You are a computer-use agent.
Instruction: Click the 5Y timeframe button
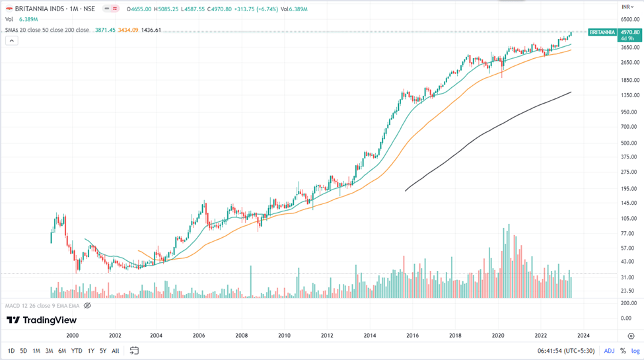pyautogui.click(x=103, y=351)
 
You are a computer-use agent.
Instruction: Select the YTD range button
pyautogui.click(x=77, y=351)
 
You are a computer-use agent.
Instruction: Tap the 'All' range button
pyautogui.click(x=116, y=351)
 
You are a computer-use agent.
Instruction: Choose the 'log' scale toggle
pyautogui.click(x=635, y=351)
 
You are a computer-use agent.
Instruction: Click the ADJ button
pyautogui.click(x=609, y=351)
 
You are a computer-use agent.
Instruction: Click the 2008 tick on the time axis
pyautogui.click(x=242, y=336)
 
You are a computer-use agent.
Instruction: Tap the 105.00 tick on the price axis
pyautogui.click(x=628, y=218)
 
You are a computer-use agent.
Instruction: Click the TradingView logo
pyautogui.click(x=42, y=320)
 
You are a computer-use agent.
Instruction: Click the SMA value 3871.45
pyautogui.click(x=105, y=30)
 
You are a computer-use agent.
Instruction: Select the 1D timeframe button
pyautogui.click(x=11, y=351)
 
